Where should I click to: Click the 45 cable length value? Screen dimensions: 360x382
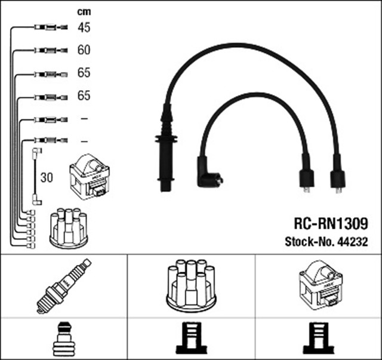84,27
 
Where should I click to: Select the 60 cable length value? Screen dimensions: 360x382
84,50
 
